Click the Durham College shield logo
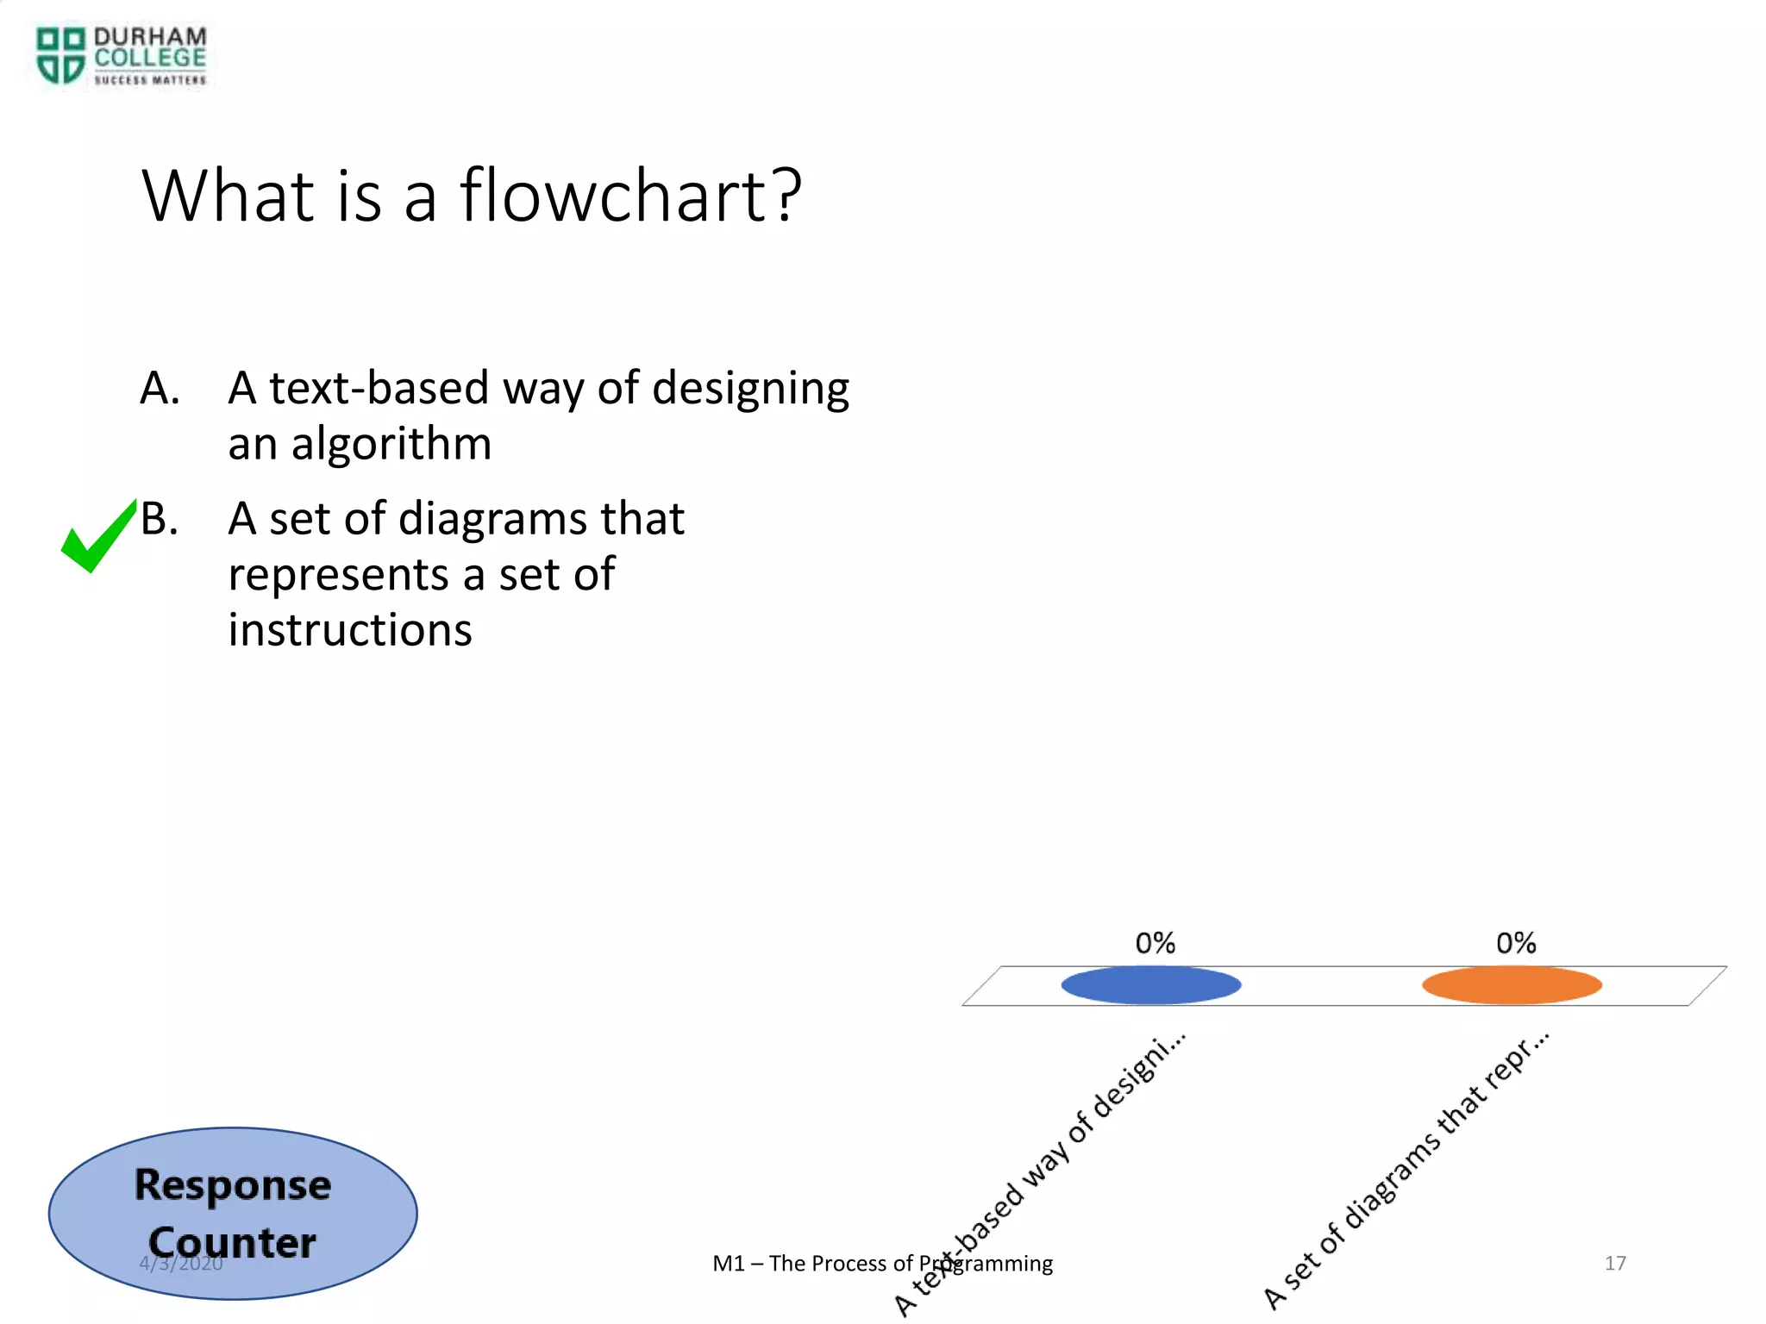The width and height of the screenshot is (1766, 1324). coord(60,55)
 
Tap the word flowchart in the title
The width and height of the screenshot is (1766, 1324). coord(630,197)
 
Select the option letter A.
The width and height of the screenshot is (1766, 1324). coord(160,388)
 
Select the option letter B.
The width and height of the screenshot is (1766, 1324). coord(160,519)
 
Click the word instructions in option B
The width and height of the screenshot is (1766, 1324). coord(349,630)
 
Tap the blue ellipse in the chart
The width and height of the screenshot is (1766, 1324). coord(1150,985)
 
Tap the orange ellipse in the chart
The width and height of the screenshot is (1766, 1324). coord(1512,985)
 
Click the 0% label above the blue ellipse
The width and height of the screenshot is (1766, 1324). coord(1155,943)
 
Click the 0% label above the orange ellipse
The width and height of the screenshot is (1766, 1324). coord(1516,943)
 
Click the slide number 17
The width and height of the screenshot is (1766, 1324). coord(1614,1263)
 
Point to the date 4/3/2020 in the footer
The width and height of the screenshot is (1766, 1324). coord(181,1264)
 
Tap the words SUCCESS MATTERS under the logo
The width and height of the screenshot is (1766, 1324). coord(150,80)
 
